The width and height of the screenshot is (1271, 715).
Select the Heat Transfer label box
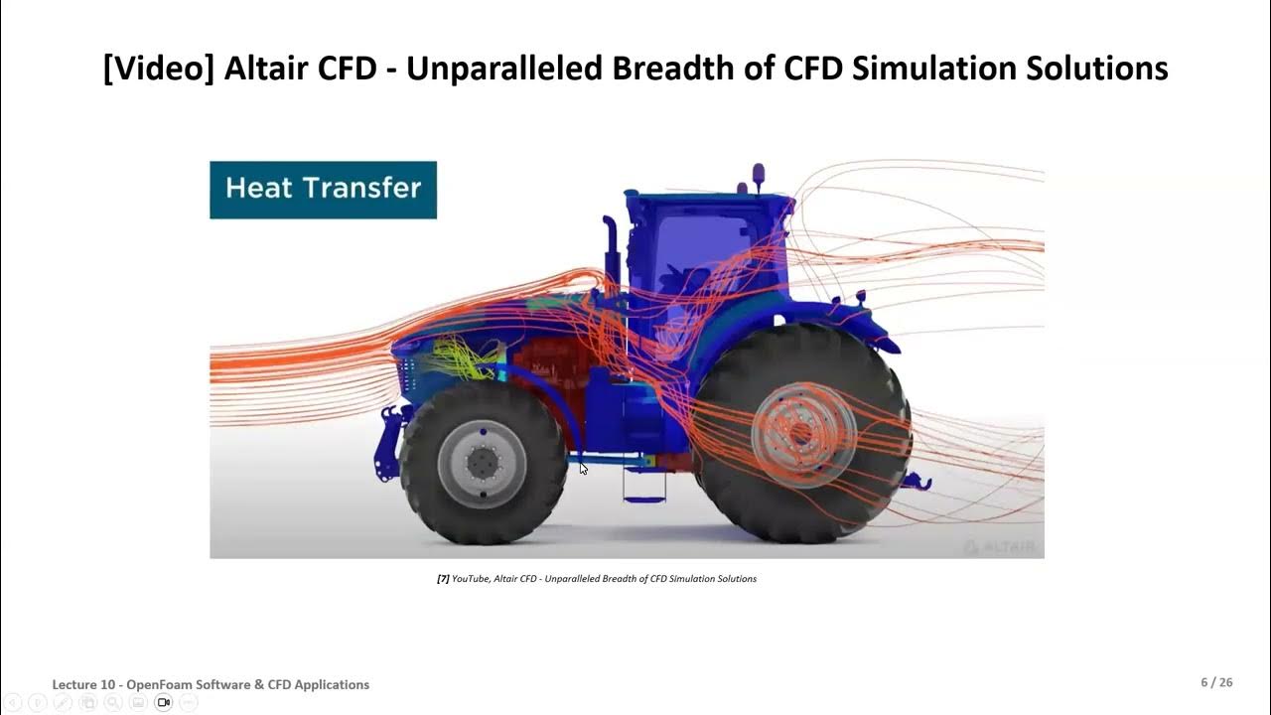[x=323, y=189]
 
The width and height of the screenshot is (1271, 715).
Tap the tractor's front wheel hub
[x=483, y=463]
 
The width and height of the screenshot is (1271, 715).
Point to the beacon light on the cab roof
[x=759, y=174]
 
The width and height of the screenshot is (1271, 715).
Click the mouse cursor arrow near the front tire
[x=583, y=468]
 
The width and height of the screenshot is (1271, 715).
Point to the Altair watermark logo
[x=998, y=547]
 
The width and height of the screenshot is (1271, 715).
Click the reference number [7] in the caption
[x=443, y=579]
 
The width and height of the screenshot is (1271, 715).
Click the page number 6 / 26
[x=1216, y=683]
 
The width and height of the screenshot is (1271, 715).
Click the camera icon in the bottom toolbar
[x=164, y=702]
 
